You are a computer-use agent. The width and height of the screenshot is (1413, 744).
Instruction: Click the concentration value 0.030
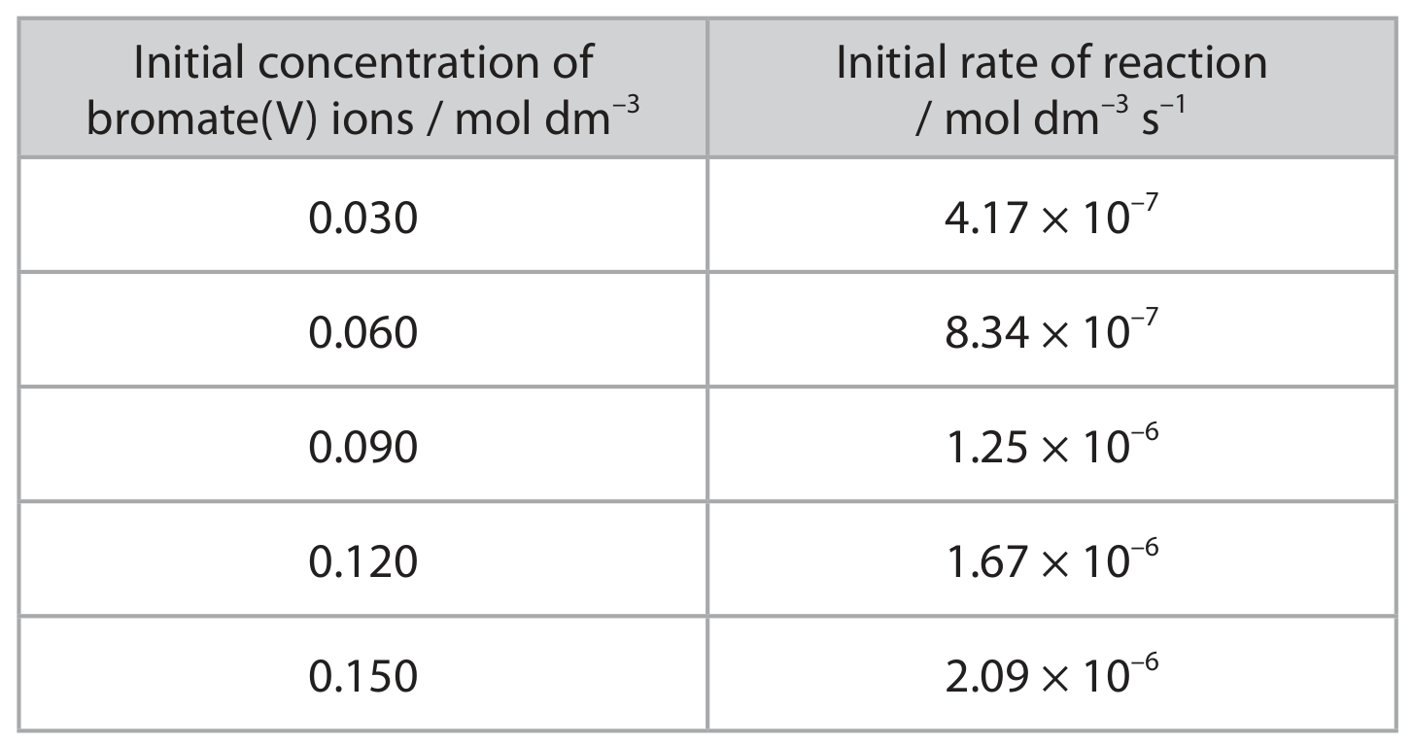(362, 219)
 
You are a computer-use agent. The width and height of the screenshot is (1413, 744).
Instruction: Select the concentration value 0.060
(362, 332)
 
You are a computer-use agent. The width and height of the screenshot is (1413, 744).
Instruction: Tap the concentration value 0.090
(362, 447)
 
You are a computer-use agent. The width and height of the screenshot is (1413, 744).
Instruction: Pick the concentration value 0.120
(362, 561)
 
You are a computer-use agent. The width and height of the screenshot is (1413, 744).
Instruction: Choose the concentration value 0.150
(362, 676)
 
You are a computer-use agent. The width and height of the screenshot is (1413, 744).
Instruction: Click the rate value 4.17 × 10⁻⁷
(1051, 215)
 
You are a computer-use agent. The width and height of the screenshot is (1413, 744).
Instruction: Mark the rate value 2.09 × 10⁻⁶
(1051, 672)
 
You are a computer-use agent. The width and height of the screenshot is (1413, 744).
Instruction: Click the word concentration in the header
(398, 62)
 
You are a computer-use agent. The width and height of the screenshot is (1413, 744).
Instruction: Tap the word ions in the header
(372, 118)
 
